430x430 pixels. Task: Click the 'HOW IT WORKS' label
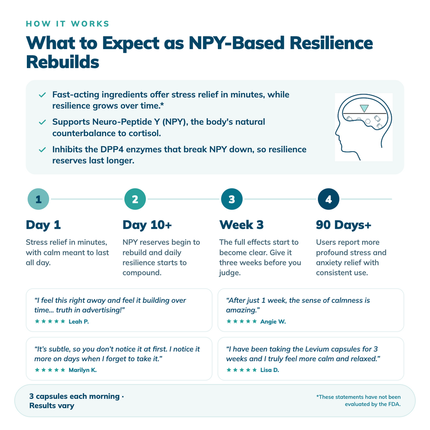pyautogui.click(x=68, y=24)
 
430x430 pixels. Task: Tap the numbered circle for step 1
pyautogui.click(x=38, y=199)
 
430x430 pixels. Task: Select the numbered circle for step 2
pyautogui.click(x=135, y=199)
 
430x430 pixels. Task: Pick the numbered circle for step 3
pyautogui.click(x=232, y=199)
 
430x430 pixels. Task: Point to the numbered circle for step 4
pyautogui.click(x=328, y=199)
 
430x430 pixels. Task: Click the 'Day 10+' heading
pyautogui.click(x=147, y=225)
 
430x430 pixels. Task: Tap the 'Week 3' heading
pyautogui.click(x=241, y=225)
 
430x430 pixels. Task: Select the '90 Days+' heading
pyautogui.click(x=343, y=225)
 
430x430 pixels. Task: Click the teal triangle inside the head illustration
pyautogui.click(x=364, y=108)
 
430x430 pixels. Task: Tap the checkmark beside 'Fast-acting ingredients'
pyautogui.click(x=42, y=95)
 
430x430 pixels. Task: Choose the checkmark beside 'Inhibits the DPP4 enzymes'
pyautogui.click(x=42, y=150)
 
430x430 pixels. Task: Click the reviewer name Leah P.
pyautogui.click(x=79, y=322)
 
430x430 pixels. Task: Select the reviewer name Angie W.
pyautogui.click(x=273, y=322)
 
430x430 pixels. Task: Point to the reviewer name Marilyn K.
pyautogui.click(x=83, y=370)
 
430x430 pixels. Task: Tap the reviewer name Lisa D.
pyautogui.click(x=270, y=370)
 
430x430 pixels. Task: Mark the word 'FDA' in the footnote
pyautogui.click(x=393, y=404)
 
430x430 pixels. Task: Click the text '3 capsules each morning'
pyautogui.click(x=74, y=396)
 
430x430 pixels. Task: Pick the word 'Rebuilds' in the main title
pyautogui.click(x=63, y=62)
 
